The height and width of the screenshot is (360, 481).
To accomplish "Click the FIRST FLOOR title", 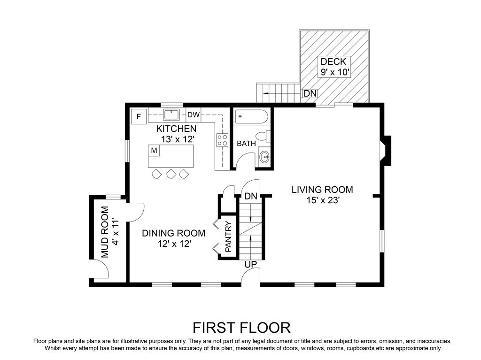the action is pos(241,328).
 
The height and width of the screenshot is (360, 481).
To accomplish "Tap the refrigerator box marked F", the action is pos(139,116).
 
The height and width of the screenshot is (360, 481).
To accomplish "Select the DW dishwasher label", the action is pos(193,115).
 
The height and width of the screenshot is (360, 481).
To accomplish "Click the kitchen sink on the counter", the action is pos(171,115).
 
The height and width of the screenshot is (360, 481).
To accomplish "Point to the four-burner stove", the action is pos(222,140).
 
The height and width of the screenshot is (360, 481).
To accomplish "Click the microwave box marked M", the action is pos(154,151).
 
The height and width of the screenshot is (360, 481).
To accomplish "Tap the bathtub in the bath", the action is pos(252,116).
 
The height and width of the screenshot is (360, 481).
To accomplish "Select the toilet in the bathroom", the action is pos(263,136).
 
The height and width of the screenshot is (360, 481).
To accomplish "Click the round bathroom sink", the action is pos(264,157).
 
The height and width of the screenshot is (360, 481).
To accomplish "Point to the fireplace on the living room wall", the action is pos(386,151).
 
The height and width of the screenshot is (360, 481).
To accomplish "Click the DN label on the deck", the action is pos(310,93).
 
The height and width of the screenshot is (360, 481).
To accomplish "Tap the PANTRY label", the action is pos(228,237).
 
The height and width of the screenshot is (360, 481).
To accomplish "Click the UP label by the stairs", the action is pos(251,264).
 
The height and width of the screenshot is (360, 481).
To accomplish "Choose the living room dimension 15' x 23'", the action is pos(323,200).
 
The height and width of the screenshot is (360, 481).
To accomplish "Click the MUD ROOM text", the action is pos(105,232).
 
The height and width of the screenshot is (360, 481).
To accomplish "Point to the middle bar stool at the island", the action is pos(171,174).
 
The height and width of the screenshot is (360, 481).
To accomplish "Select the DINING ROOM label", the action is pos(174,233).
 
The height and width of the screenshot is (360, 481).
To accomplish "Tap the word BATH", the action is pos(246,143).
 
